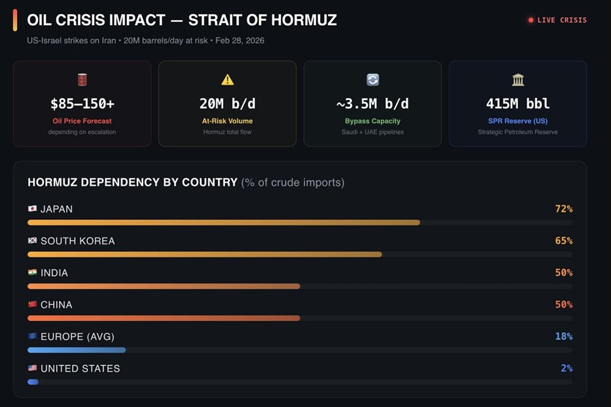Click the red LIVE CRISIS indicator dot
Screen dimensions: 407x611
pos(531,20)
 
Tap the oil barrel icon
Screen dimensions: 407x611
pos(82,79)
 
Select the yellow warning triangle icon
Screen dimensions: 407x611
pos(227,79)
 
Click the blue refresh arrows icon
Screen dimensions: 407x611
pos(373,79)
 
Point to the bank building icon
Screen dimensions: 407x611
pos(518,79)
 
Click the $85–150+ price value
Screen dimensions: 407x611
pos(82,103)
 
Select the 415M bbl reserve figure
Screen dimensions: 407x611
pos(518,103)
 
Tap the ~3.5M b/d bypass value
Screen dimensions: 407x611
pos(373,103)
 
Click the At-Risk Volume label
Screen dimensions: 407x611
pos(227,121)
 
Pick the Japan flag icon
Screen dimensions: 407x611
pos(32,209)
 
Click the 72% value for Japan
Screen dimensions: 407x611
pos(563,209)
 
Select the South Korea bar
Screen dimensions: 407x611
pos(205,254)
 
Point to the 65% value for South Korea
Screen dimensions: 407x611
pos(563,241)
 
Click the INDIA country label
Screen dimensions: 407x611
pos(54,273)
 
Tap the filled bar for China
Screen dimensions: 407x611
pos(164,318)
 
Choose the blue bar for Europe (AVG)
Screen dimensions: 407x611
pos(76,350)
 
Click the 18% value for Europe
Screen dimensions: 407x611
pos(563,336)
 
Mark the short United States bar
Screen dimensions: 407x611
pos(33,382)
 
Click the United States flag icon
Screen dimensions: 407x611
pos(32,369)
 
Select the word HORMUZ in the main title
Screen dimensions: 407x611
pos(303,20)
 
